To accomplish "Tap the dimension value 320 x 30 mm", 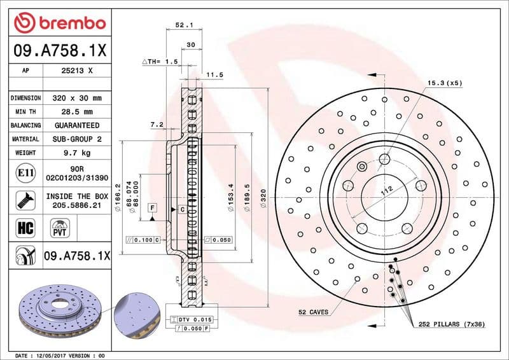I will point(76,99).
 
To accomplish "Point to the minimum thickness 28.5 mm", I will point(76,112).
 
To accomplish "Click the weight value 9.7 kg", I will point(76,153).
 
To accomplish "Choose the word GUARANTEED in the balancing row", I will point(76,125).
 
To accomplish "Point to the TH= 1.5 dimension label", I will point(160,62).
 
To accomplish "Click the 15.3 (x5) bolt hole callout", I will point(443,83).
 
